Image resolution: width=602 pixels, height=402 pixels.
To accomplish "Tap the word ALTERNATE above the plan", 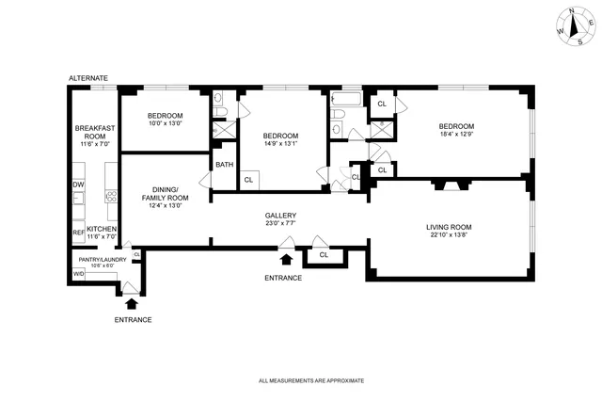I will pos(88,77).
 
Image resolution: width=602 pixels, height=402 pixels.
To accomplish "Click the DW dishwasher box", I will pos(79,185).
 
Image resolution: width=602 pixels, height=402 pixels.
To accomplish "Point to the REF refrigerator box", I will pos(79,232).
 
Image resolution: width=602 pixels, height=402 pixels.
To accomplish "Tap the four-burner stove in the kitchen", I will pos(111,197).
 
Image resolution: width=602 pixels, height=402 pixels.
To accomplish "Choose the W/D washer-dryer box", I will pos(79,275).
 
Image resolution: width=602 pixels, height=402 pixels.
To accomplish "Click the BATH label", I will pos(224,165).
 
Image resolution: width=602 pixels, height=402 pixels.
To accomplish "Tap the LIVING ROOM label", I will pos(449,227).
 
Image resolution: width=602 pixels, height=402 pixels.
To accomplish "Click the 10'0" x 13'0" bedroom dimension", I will pos(165,123).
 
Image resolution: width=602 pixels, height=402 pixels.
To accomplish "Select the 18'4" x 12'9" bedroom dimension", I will pos(456,135).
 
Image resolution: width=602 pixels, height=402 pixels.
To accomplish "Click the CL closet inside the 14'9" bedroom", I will pos(248,180).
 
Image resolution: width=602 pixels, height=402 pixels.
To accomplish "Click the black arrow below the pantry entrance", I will pos(131,302).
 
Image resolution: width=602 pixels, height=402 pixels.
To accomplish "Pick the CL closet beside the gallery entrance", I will pos(324,254).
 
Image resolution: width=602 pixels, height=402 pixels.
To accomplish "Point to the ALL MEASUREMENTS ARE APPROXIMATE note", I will pos(310,380).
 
